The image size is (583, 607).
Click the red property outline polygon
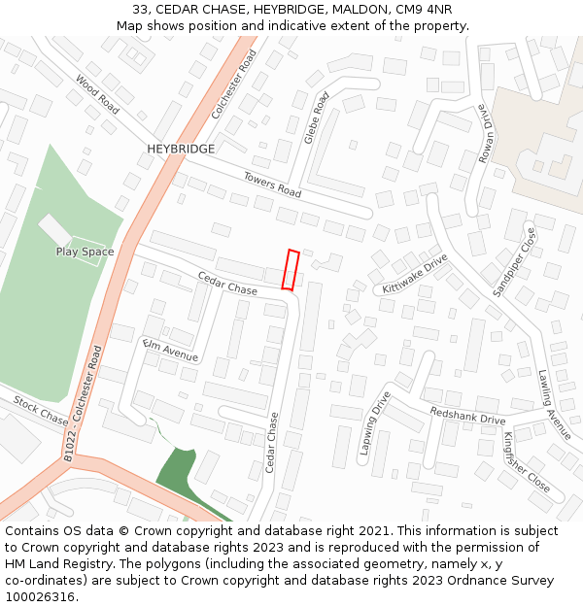(291, 269)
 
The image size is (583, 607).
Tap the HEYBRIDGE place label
(181, 149)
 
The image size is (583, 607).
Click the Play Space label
(85, 252)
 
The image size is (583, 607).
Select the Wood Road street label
(97, 95)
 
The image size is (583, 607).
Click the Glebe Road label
(317, 118)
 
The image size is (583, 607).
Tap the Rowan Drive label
(485, 130)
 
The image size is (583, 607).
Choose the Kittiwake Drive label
(415, 274)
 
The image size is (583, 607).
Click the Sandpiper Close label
(514, 262)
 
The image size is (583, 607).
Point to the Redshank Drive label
(467, 415)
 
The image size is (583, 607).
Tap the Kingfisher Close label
(526, 461)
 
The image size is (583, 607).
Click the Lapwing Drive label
(374, 423)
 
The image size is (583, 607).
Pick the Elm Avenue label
(170, 351)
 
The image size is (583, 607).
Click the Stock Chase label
(41, 411)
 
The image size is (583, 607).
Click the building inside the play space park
(55, 230)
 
